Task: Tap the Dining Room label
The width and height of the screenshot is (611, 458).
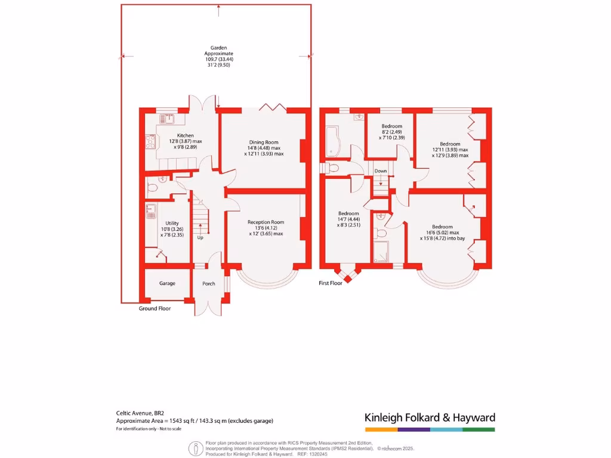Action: click(264, 143)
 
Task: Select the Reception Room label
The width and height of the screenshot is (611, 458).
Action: click(266, 222)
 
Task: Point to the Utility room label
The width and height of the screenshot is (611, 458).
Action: click(172, 223)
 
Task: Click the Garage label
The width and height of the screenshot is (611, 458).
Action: click(167, 283)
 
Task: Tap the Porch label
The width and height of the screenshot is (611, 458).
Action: click(208, 283)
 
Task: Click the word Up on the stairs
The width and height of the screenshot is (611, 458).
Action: click(200, 237)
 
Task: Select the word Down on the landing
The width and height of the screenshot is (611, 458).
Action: click(381, 171)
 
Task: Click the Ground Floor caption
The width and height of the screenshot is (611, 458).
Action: click(155, 308)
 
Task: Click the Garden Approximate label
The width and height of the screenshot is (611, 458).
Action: click(218, 50)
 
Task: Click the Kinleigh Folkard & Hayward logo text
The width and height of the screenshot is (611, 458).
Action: click(430, 417)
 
